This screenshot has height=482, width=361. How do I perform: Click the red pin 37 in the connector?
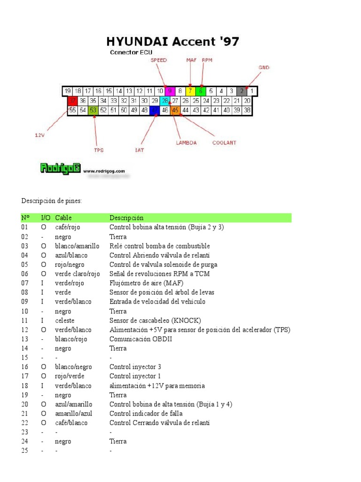[72, 100]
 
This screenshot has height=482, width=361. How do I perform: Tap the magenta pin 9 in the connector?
[170, 91]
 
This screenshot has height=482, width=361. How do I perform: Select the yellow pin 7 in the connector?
[190, 91]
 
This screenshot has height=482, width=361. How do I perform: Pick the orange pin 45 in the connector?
[175, 110]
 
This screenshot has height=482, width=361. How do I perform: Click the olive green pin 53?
[93, 110]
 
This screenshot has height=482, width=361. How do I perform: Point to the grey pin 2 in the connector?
[242, 91]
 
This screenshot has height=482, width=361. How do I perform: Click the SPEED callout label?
[158, 60]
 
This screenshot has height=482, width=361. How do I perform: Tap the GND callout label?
[264, 68]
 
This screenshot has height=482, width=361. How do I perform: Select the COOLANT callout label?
[225, 143]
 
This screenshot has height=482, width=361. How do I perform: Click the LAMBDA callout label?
[186, 143]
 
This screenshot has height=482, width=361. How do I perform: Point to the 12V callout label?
[40, 135]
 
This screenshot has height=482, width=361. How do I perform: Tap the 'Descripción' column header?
[126, 218]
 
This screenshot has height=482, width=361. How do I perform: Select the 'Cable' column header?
[63, 218]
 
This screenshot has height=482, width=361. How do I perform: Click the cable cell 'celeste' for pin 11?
[64, 321]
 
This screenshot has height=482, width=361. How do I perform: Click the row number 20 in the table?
[25, 404]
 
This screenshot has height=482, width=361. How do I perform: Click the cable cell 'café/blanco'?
[71, 423]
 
